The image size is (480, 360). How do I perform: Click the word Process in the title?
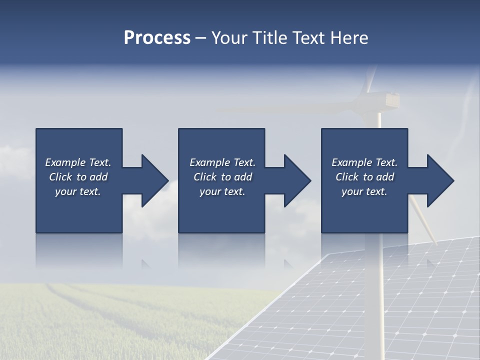coord(157,38)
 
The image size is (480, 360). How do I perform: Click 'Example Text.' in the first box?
coord(78,162)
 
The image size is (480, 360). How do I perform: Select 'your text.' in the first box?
coord(78,191)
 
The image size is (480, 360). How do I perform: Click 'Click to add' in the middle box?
coord(222,177)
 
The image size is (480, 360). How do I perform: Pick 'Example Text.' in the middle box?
coord(222,162)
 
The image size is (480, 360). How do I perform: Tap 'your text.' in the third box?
coord(364,191)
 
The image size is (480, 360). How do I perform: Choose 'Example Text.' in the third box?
coord(364,162)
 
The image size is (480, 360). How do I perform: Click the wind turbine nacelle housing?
coord(387,100)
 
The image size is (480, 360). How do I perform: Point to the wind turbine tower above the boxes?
coord(379,120)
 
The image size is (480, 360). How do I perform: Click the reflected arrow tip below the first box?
coord(146,263)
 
